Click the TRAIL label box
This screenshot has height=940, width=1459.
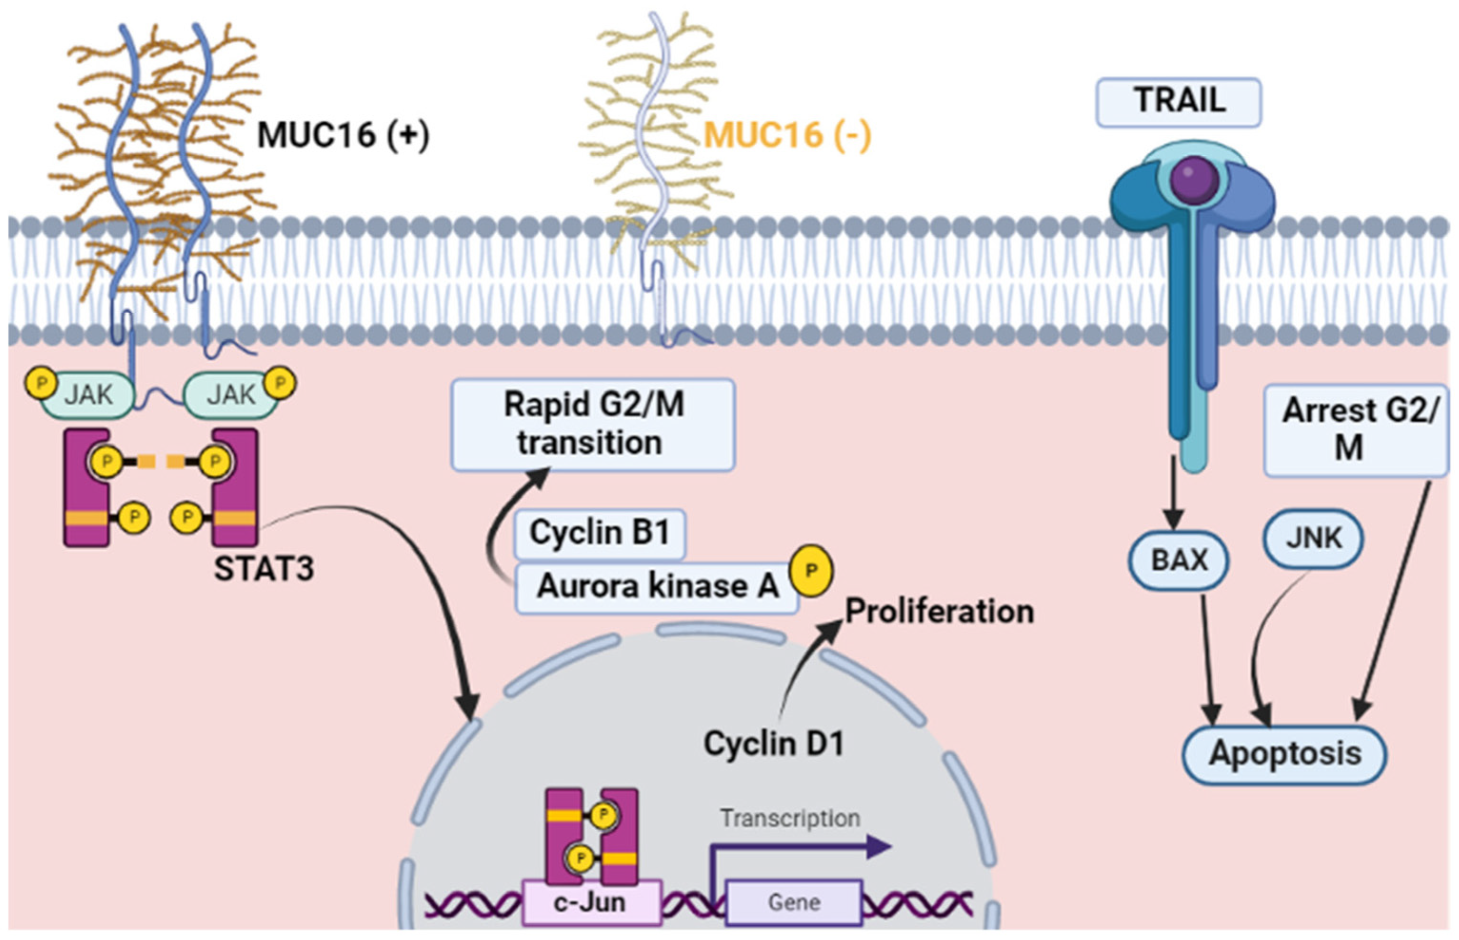[x=1178, y=101]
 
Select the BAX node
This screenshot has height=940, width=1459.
[x=1178, y=560]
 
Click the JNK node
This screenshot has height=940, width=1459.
[x=1313, y=538]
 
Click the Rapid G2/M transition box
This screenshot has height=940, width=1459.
[x=592, y=424]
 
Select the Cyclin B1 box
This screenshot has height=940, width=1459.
[x=599, y=533]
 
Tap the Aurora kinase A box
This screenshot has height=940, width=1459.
[x=657, y=586]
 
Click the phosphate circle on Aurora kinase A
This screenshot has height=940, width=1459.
[x=811, y=571]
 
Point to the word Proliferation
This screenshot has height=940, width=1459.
[x=939, y=611]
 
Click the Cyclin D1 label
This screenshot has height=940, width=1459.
[x=774, y=743]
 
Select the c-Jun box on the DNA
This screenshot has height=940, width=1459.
[x=591, y=901]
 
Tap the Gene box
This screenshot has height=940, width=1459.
[x=793, y=901]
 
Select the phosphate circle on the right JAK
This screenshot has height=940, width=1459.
[x=280, y=382]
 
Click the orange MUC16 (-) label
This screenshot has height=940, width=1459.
[x=787, y=135]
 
